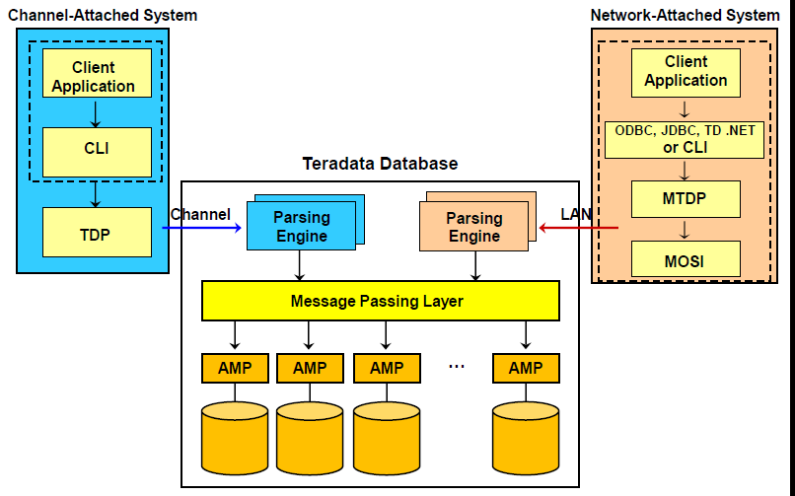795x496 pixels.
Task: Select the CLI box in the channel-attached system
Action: pyautogui.click(x=97, y=152)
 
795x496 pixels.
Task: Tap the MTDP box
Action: pyautogui.click(x=686, y=198)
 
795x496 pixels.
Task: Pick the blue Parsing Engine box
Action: pyautogui.click(x=301, y=227)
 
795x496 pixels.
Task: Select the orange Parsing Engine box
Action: pyautogui.click(x=474, y=227)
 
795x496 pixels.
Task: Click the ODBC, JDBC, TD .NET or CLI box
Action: pyautogui.click(x=686, y=139)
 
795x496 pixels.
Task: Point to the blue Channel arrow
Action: pyautogui.click(x=202, y=229)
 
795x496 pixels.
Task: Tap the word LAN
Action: pyautogui.click(x=576, y=214)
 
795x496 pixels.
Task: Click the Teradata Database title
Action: pyautogui.click(x=380, y=164)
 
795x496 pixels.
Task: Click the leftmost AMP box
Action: pyautogui.click(x=235, y=369)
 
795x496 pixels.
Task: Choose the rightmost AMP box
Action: pyautogui.click(x=526, y=369)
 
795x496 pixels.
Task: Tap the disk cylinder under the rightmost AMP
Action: pyautogui.click(x=526, y=439)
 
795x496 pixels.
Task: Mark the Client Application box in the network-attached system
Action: pyautogui.click(x=686, y=71)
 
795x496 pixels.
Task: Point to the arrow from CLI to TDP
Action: pyautogui.click(x=97, y=193)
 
